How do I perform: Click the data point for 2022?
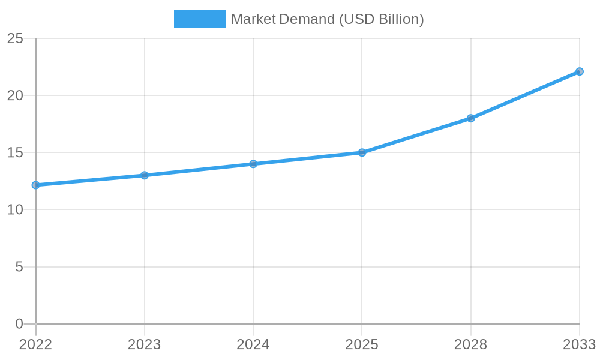coord(35,185)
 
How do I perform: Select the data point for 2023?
coord(144,175)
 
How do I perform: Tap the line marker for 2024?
coord(253,164)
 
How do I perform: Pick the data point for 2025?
coord(362,152)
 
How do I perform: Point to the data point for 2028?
coord(470,118)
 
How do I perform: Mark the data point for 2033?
coord(579,71)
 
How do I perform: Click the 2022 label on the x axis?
coord(35,344)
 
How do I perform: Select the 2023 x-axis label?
coord(144,344)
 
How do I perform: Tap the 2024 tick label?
coord(253,344)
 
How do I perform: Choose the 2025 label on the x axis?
coord(362,344)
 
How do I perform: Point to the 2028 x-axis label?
coord(470,344)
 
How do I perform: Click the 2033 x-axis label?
coord(578,344)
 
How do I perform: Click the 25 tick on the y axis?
coord(15,39)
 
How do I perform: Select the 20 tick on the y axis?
coord(15,96)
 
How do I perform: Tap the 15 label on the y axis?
coord(15,153)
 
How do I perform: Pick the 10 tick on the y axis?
coord(15,210)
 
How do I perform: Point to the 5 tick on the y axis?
coord(19,267)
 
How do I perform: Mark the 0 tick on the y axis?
coord(19,324)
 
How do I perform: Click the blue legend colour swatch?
coord(199,19)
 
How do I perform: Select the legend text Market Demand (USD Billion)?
coord(328,19)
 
